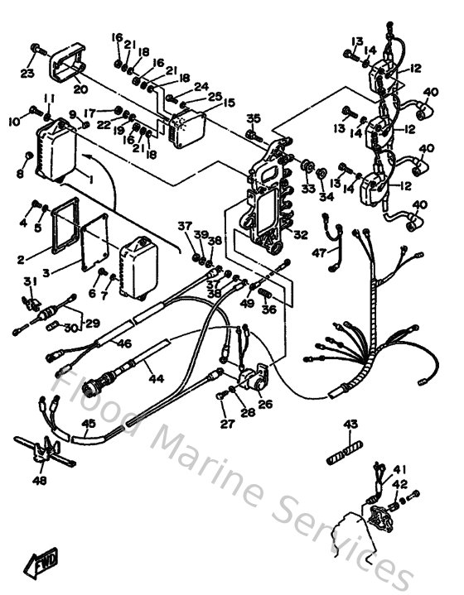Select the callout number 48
[x=40, y=480]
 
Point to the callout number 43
[x=350, y=425]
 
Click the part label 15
[x=229, y=103]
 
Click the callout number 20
[x=80, y=89]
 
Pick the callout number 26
[x=265, y=404]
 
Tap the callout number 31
[x=31, y=283]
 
